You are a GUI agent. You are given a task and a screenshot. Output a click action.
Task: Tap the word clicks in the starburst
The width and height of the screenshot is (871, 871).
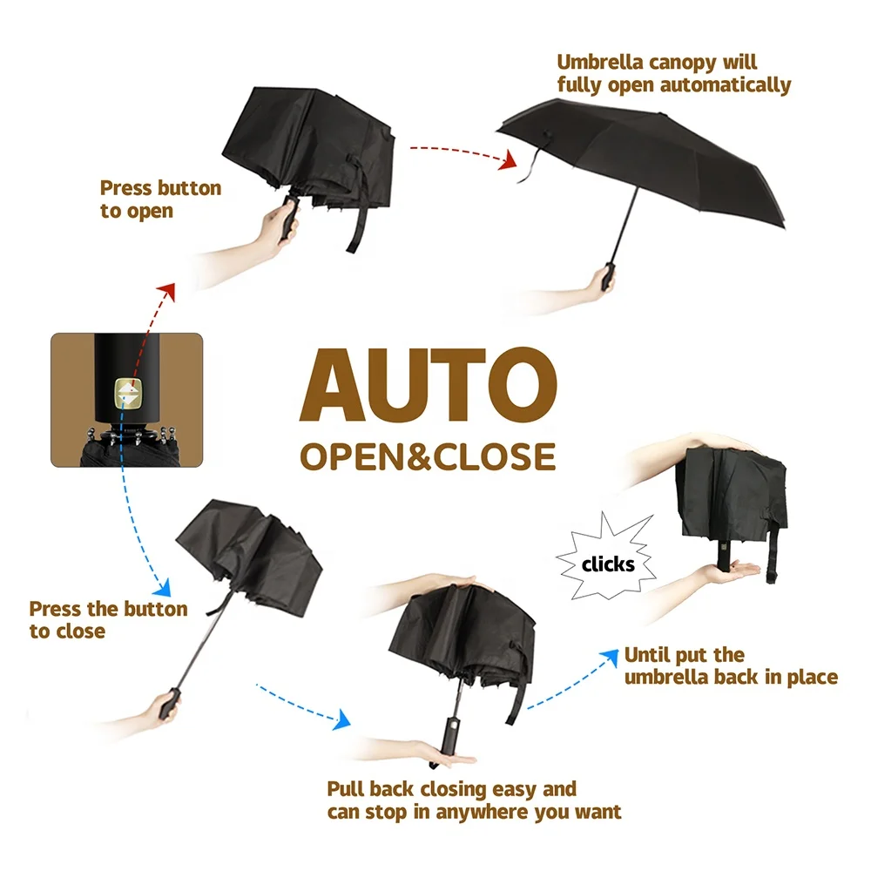(x=609, y=564)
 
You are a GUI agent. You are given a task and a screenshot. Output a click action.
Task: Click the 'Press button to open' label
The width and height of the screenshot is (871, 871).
(x=160, y=199)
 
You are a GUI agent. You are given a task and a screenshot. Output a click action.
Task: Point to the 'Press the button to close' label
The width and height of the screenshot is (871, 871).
(x=108, y=620)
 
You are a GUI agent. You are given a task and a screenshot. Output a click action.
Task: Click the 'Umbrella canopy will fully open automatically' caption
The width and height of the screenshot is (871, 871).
(x=673, y=74)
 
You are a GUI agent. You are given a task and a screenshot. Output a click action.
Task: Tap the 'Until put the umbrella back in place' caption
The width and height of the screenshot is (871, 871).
(x=730, y=666)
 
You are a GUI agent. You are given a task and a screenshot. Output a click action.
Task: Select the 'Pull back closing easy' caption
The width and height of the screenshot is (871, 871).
(x=474, y=800)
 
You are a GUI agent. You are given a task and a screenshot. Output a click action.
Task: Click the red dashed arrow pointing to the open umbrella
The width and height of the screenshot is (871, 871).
(x=460, y=153)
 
